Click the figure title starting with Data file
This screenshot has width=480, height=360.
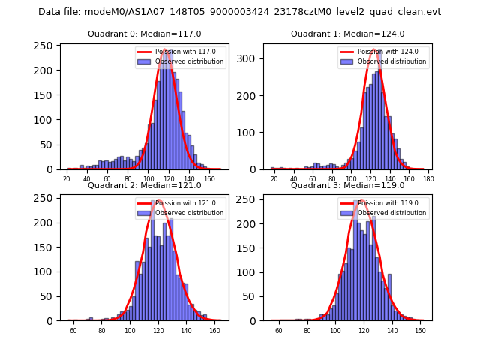pyautogui.click(x=239, y=12)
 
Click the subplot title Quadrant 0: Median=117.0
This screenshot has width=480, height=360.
pyautogui.click(x=145, y=34)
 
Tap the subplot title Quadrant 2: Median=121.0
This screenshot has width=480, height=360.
pyautogui.click(x=145, y=185)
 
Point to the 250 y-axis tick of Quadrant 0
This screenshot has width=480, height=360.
pyautogui.click(x=45, y=46)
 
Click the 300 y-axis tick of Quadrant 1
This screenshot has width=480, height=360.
pyautogui.click(x=247, y=58)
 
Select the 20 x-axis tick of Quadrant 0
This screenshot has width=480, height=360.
pyautogui.click(x=67, y=180)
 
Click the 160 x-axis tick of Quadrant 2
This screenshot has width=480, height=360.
pyautogui.click(x=215, y=331)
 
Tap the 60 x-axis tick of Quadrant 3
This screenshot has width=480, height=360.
pyautogui.click(x=279, y=331)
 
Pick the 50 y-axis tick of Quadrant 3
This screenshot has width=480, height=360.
pyautogui.click(x=250, y=295)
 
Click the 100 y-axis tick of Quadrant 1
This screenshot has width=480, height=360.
pyautogui.click(x=247, y=133)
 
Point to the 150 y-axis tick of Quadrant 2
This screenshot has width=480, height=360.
pyautogui.click(x=45, y=247)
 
